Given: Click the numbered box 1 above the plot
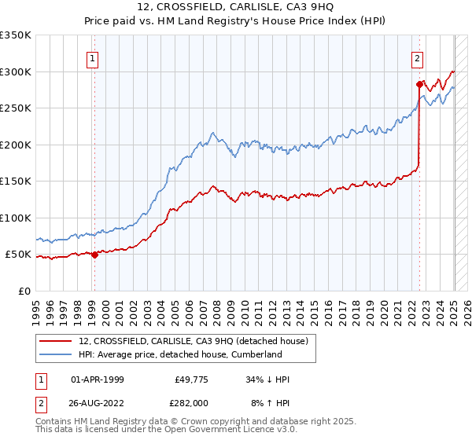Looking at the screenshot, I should click(x=93, y=58).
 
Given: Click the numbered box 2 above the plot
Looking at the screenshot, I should click(x=417, y=58).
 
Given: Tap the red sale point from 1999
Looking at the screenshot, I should click(x=94, y=255).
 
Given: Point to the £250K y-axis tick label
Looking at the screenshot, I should click(x=16, y=108).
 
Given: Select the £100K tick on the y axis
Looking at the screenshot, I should click(x=16, y=218).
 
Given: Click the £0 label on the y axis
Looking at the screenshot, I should click(x=25, y=291).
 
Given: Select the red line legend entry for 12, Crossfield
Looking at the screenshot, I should click(x=197, y=341).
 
